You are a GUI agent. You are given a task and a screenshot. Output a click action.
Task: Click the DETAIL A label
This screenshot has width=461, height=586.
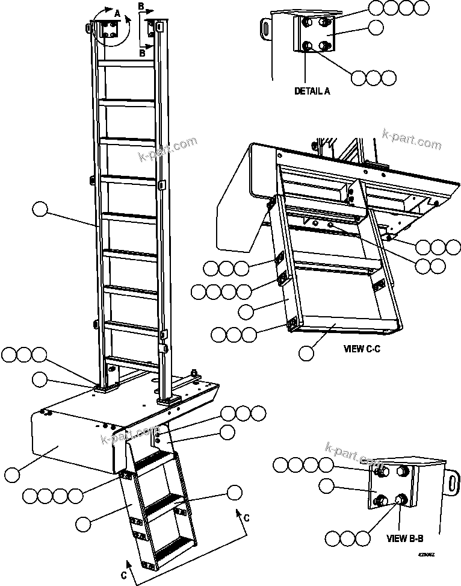click(x=312, y=92)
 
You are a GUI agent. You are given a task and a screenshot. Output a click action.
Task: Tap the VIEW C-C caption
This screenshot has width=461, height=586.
click(x=362, y=348)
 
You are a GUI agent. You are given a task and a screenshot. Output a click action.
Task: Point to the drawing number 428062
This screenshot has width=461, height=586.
click(x=426, y=555)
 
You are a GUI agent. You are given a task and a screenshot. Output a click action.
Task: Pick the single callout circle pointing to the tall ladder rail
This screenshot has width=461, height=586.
click(x=40, y=210)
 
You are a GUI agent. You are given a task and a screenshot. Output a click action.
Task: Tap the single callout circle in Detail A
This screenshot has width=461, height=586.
click(x=376, y=28)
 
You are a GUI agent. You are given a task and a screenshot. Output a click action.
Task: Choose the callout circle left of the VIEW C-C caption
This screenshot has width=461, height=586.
click(x=306, y=352)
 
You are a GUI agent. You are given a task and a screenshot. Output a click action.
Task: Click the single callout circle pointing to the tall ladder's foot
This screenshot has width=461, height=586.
click(x=40, y=379)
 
